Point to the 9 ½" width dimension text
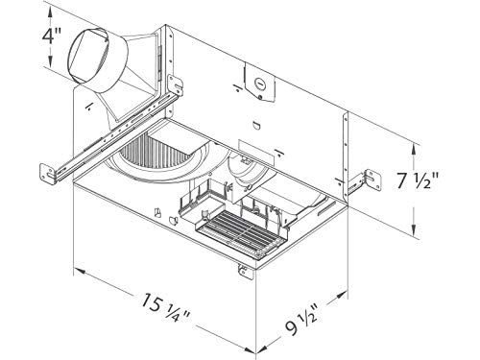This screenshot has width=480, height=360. pos(301,321)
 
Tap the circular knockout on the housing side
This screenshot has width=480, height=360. pos(259,84)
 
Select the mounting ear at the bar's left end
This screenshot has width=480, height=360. pos(47,175)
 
